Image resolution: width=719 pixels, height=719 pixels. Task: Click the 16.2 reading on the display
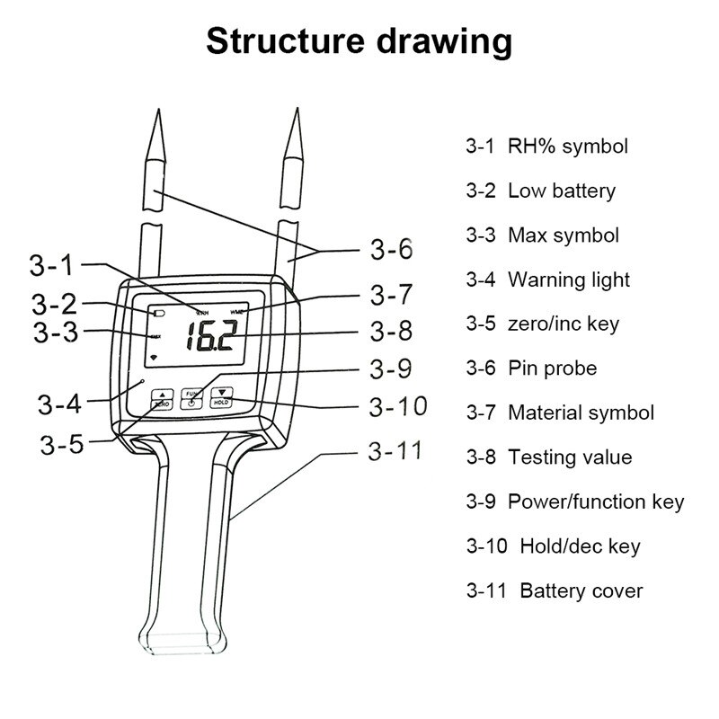(x=211, y=339)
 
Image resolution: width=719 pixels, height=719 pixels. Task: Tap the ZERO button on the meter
(x=162, y=399)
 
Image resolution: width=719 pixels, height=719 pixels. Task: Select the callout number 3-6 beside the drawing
(x=391, y=249)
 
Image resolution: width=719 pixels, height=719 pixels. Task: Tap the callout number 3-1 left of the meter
(x=56, y=265)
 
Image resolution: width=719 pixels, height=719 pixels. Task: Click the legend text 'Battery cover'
(x=581, y=590)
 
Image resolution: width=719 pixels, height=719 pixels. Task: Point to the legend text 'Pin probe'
(x=552, y=368)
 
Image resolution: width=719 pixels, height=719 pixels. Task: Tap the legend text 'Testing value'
(x=570, y=457)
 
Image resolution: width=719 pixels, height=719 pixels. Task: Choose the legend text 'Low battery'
(x=562, y=191)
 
